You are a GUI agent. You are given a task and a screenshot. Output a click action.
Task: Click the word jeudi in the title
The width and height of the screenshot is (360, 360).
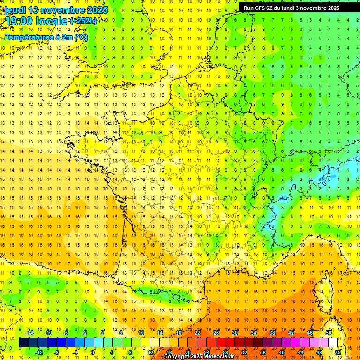point(15,10)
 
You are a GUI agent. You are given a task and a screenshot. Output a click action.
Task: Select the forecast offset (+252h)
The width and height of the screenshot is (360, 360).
point(83,21)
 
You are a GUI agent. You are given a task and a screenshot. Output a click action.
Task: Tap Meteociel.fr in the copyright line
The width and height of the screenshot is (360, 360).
point(219,357)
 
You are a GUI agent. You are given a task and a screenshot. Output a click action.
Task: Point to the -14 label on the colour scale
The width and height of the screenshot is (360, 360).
point(30,333)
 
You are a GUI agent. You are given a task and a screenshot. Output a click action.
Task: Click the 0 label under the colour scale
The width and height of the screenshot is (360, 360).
point(93,352)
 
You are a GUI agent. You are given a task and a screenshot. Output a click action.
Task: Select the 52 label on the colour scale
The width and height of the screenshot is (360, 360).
point(338,352)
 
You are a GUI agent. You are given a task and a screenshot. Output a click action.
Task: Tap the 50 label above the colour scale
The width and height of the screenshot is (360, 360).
point(329,333)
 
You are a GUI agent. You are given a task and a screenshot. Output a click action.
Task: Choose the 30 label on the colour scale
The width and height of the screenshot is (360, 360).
point(235,333)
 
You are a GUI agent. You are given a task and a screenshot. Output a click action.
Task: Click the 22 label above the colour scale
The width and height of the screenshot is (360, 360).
point(197,333)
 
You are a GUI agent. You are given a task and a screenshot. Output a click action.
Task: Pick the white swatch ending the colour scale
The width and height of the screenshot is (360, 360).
point(333,343)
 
